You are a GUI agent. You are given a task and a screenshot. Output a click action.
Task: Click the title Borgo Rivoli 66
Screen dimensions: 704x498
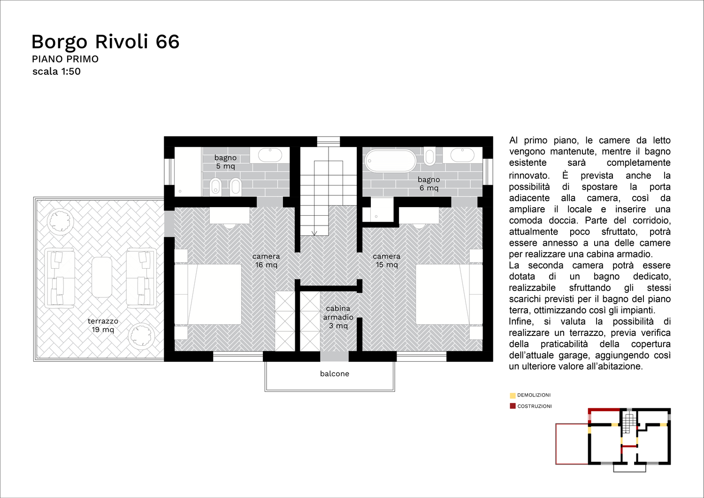tap(106, 42)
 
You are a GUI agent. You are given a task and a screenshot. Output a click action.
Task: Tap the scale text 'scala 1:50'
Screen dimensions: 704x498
tap(57, 71)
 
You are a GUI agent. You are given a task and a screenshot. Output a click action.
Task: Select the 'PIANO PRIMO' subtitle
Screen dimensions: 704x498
tap(65, 59)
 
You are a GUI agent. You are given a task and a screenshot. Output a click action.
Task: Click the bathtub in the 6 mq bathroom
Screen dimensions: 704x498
tap(390, 161)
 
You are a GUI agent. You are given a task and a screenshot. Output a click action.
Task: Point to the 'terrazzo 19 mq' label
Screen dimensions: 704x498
tap(103, 325)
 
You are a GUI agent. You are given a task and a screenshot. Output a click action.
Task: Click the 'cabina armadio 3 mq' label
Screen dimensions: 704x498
tap(338, 317)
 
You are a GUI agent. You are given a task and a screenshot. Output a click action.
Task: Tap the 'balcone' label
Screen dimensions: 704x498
tap(334, 373)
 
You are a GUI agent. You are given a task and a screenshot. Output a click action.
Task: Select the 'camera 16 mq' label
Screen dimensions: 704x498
tap(266, 260)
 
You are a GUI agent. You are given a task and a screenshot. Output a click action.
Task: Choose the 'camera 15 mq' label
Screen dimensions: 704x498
tap(387, 260)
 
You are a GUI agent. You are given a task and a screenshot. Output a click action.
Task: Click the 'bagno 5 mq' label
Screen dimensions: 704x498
tap(225, 162)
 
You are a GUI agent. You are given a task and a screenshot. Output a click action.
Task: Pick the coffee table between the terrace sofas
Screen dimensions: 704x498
tap(102, 277)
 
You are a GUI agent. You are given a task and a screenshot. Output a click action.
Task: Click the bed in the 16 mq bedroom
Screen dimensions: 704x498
tap(208, 294)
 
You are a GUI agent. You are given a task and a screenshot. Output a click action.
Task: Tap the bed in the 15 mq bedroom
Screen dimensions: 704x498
tap(449, 294)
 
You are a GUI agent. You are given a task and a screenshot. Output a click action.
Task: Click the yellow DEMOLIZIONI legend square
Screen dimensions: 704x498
tap(513, 396)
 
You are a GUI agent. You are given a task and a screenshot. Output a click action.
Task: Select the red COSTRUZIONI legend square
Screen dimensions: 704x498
tap(513, 406)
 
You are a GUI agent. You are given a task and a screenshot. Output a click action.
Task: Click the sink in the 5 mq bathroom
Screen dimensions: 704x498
tap(270, 155)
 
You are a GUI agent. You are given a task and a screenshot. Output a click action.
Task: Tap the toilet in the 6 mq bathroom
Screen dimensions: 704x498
tap(429, 156)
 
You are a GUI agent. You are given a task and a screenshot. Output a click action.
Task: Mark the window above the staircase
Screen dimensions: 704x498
tap(329, 141)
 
